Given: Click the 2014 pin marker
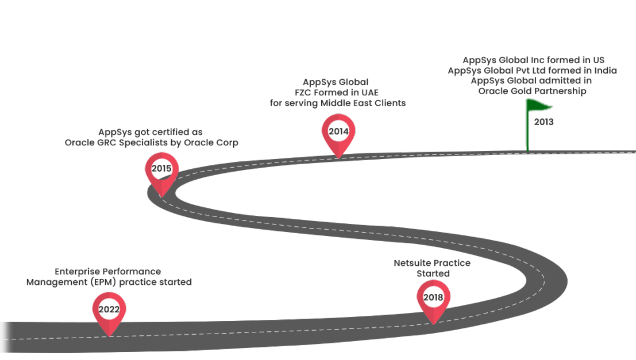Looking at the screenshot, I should click(338, 132).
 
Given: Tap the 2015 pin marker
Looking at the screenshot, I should click(161, 169).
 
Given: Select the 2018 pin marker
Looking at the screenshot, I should click(433, 298).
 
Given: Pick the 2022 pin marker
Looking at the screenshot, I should click(109, 310).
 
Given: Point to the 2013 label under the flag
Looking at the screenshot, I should click(544, 122).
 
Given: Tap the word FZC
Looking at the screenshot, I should click(302, 92).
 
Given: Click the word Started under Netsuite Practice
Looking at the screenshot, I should click(433, 273).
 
